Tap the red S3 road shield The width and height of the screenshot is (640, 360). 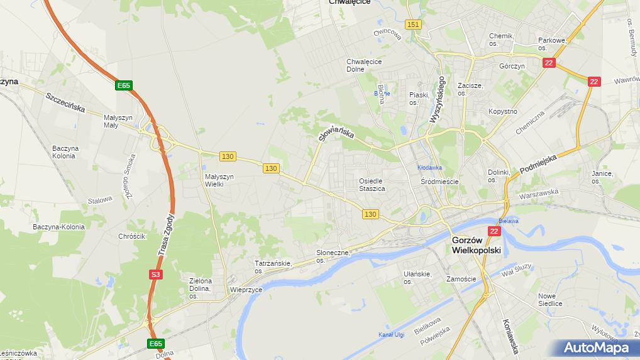pos(155,275)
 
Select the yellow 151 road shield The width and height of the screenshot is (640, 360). pos(413,25)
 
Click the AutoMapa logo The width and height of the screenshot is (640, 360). pos(596,347)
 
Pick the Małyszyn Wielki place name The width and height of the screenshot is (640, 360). pos(219,180)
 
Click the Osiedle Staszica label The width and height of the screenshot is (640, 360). pos(371,185)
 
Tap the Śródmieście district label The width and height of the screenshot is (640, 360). pos(439,182)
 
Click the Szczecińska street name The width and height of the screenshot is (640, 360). pos(65,102)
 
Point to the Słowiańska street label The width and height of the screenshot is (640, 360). pos(336,128)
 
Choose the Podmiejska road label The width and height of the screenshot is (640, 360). pos(539,165)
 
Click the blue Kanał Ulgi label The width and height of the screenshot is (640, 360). pos(391,334)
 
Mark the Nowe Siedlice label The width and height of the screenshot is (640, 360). pos(550,299)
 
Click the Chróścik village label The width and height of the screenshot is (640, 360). pos(132,236)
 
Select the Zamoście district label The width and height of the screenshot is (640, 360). pos(461,278)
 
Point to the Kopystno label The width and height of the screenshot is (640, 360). pos(503,112)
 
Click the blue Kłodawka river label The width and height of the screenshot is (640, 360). pos(430,168)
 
